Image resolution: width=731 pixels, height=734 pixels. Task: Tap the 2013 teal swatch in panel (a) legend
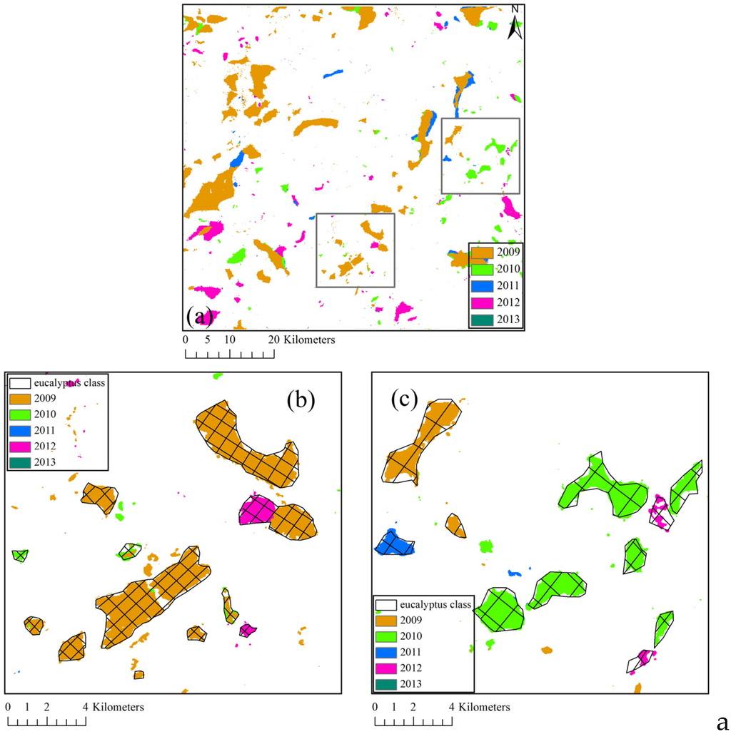[483, 319]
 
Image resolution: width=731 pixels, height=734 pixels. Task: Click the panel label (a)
[198, 315]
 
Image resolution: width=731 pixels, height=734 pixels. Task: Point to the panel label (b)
[301, 400]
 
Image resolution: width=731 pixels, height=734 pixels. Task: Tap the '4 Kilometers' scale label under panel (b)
[114, 707]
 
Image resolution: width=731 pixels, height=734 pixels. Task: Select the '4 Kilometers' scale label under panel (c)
[480, 707]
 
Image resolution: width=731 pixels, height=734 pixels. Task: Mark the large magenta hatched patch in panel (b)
[256, 511]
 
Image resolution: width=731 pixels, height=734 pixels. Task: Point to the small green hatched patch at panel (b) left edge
[19, 555]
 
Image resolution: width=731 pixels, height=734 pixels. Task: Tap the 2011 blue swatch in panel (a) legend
[483, 286]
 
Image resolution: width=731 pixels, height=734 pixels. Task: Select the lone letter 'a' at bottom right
[721, 719]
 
